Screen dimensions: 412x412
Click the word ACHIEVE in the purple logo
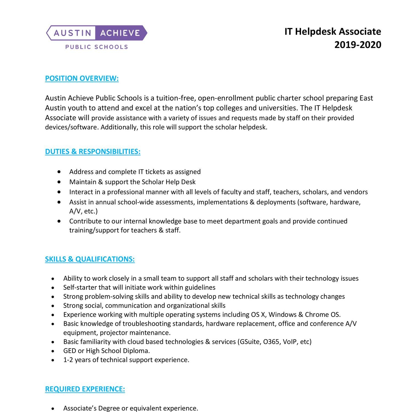pyautogui.click(x=120, y=33)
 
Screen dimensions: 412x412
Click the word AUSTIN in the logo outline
pyautogui.click(x=73, y=33)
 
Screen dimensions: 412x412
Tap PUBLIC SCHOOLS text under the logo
pyautogui.click(x=96, y=47)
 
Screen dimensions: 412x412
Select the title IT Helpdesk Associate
pyautogui.click(x=333, y=32)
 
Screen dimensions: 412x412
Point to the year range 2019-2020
pyautogui.click(x=358, y=44)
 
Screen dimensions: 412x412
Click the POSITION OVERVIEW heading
pyautogui.click(x=82, y=78)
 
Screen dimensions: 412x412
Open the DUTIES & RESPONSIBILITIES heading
pyautogui.click(x=93, y=152)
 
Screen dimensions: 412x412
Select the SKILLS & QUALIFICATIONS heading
pyautogui.click(x=90, y=259)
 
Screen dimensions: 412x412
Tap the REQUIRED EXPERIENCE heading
pyautogui.click(x=85, y=389)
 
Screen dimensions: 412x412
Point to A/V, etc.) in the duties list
pyautogui.click(x=83, y=211)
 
